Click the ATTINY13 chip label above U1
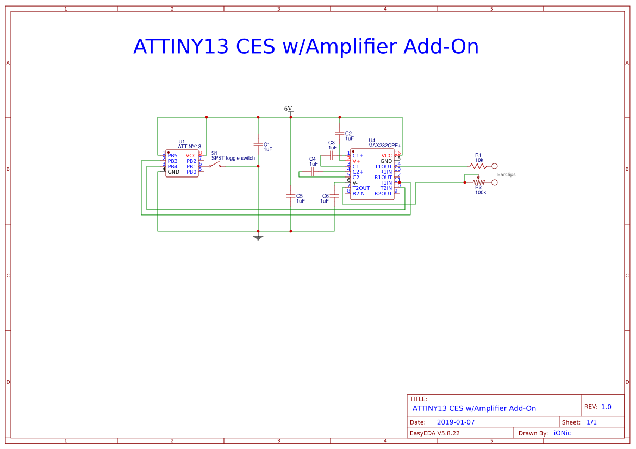coord(189,147)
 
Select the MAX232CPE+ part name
coord(384,146)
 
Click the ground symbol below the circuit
coord(258,237)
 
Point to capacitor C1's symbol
coord(258,144)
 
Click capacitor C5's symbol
coord(291,195)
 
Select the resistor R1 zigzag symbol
coord(478,166)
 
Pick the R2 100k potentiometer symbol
coord(478,182)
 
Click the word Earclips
coord(506,174)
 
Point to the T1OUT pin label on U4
coord(383,167)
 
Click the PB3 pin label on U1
coord(172,161)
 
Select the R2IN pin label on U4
coord(358,194)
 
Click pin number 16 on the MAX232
coord(397,153)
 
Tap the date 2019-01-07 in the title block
coord(456,422)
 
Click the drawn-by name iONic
coord(562,433)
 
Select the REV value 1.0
coord(606,407)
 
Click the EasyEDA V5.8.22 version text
coord(434,433)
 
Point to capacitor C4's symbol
coord(313,172)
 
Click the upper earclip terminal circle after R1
coord(494,166)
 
